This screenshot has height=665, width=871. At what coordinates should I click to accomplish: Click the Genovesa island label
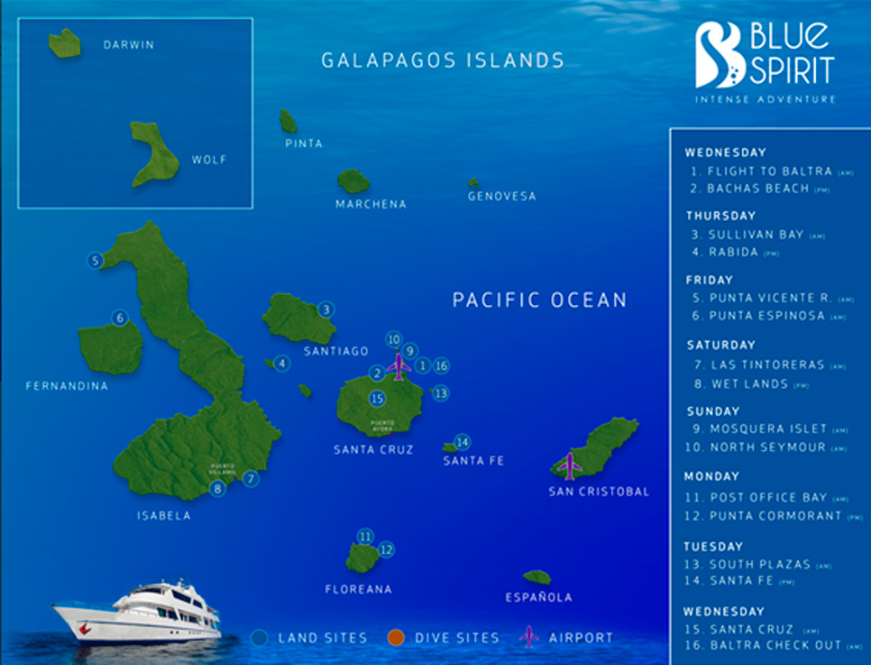click(x=501, y=196)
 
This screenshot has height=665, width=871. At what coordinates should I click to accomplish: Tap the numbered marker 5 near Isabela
click(x=95, y=261)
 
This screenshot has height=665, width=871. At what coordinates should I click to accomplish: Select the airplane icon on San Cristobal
click(x=569, y=466)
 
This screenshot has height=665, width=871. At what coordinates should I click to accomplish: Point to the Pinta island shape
click(x=289, y=122)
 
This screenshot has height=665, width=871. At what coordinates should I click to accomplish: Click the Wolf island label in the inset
click(x=208, y=161)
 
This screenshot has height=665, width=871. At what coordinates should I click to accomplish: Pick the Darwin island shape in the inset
click(x=64, y=42)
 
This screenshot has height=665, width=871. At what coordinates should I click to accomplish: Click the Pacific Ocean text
click(x=539, y=300)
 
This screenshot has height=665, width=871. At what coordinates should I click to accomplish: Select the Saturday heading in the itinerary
click(x=720, y=345)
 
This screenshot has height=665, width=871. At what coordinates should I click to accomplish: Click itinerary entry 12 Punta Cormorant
click(x=761, y=516)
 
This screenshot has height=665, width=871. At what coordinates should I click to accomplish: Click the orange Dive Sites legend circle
click(x=394, y=638)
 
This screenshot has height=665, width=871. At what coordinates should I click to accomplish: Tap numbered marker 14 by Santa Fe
click(x=463, y=442)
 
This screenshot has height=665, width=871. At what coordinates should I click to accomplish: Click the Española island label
click(x=538, y=597)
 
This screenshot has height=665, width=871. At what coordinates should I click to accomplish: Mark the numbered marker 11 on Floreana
click(x=365, y=537)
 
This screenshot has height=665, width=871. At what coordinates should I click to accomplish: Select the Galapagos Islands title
click(x=443, y=60)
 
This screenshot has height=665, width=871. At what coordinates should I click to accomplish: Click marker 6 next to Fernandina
click(x=120, y=318)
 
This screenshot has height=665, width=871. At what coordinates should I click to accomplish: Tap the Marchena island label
click(x=371, y=204)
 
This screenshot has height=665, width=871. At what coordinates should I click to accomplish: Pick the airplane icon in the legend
click(x=529, y=637)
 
